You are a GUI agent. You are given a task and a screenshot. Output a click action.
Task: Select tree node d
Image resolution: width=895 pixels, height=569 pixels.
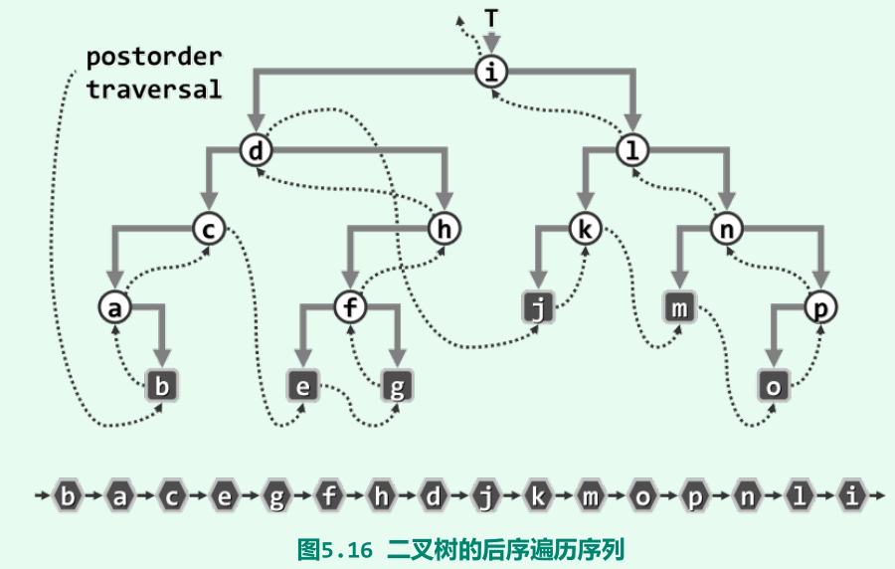[x=256, y=151]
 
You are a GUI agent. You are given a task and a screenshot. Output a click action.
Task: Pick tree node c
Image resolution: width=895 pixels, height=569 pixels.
[x=209, y=230]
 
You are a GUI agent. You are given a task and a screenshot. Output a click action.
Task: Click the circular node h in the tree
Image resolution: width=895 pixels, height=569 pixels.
[x=444, y=230]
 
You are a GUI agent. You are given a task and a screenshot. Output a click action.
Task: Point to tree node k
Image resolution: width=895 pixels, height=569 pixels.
[x=585, y=230]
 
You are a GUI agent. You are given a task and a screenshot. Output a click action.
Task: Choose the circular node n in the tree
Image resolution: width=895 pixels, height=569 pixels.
[x=726, y=230]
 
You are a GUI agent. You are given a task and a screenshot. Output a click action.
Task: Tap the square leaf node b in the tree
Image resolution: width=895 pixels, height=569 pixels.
[x=162, y=386]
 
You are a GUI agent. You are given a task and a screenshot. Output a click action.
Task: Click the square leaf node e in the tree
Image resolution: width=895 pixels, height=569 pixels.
[x=303, y=386]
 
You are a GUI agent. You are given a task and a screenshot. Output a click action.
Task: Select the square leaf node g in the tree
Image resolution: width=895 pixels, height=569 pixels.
[x=397, y=386]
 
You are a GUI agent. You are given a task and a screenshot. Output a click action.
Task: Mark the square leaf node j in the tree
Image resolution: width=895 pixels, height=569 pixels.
[x=538, y=308]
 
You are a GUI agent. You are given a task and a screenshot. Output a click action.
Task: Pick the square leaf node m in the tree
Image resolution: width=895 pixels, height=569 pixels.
[x=679, y=308]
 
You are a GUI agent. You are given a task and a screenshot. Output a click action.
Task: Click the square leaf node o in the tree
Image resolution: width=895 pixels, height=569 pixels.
[x=773, y=386]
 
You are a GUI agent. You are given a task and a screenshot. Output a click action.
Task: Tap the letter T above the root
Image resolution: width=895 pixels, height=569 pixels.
[x=490, y=19]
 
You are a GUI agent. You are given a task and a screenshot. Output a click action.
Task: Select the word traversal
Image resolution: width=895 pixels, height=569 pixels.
[x=153, y=89]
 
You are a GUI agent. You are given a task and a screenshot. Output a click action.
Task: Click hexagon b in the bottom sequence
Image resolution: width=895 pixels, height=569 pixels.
[x=68, y=494]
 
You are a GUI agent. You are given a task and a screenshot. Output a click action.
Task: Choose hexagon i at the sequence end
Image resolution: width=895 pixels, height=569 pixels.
[x=851, y=494]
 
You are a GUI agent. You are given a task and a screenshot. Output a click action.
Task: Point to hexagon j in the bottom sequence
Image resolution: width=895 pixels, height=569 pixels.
[x=485, y=494]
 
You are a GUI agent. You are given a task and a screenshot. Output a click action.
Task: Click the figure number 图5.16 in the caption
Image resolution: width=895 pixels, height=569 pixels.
[x=339, y=548]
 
